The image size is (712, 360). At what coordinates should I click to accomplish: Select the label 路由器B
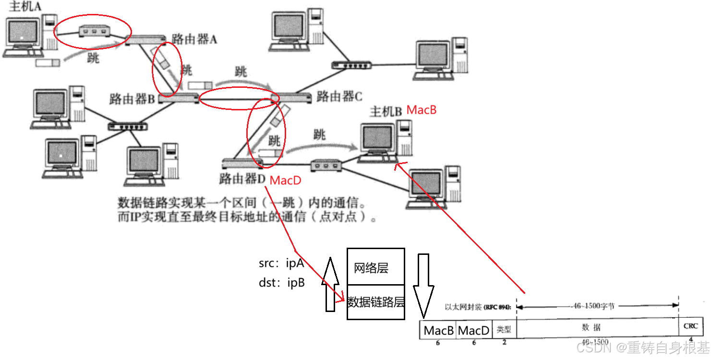132,99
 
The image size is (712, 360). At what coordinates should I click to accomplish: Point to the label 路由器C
339,96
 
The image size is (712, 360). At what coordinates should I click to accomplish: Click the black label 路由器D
241,180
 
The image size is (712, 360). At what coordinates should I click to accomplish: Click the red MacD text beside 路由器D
286,180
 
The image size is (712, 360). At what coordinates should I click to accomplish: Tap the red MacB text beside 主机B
422,110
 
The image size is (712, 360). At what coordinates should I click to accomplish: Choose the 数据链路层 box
375,302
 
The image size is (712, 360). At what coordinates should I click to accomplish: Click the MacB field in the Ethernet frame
438,330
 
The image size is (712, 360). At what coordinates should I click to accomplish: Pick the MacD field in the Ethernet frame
474,330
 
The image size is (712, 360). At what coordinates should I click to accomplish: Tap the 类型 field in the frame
504,330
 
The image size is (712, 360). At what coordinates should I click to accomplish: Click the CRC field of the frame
690,326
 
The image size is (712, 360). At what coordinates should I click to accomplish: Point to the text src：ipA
281,264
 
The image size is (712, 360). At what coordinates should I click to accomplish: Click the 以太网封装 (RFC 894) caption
478,307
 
